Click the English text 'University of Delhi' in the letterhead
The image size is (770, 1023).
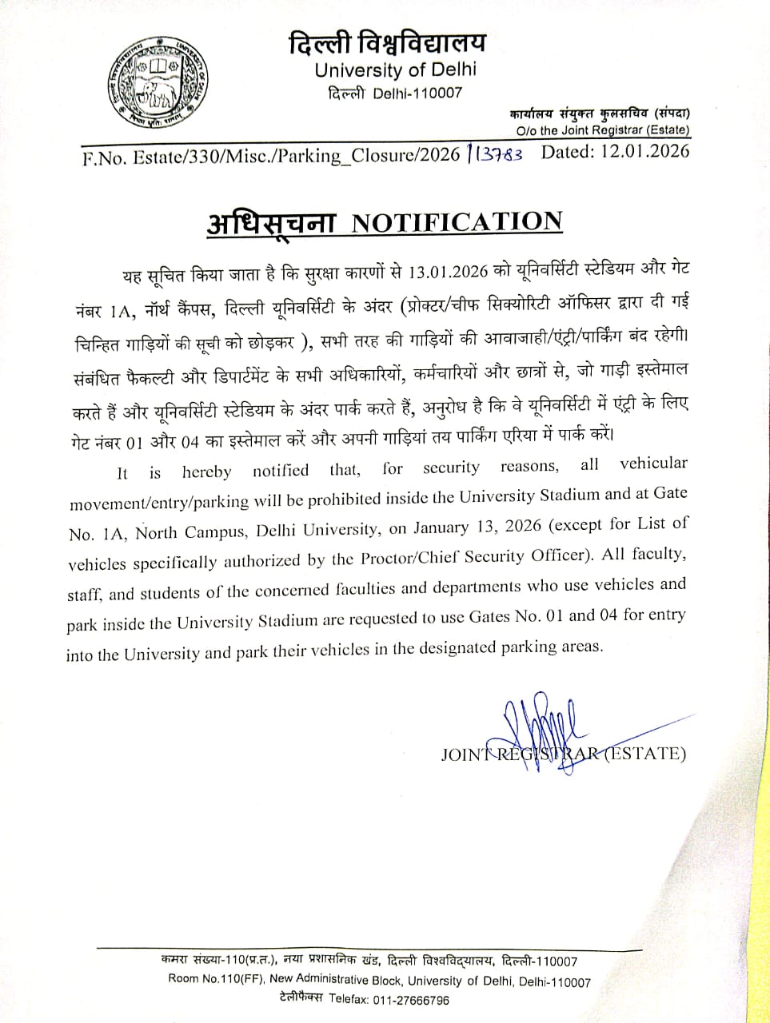coord(395,70)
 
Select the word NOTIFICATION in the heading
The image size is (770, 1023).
coord(457,221)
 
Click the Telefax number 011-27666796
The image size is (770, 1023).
coord(409,1000)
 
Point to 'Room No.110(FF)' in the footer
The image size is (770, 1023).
coord(216,981)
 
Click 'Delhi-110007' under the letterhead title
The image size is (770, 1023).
coord(417,93)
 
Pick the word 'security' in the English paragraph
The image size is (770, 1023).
coord(451,468)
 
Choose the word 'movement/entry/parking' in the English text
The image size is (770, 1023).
coord(159,503)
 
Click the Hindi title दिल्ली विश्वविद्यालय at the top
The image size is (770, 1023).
coord(388,42)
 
